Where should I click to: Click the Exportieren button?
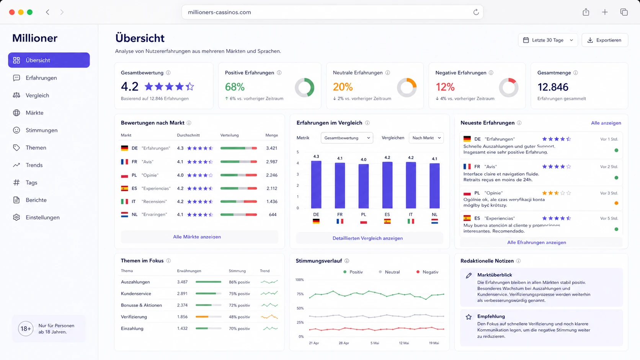pos(604,40)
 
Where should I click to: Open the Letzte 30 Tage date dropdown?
pos(548,40)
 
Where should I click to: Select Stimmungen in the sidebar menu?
pos(41,130)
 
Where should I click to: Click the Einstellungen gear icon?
pos(16,217)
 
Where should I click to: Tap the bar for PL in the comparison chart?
pos(363,186)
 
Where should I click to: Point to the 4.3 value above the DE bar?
pos(316,156)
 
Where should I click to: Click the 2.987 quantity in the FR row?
pos(271,161)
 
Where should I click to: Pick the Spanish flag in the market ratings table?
pos(124,189)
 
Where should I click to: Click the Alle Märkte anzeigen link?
pos(197,237)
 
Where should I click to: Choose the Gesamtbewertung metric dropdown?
pos(346,138)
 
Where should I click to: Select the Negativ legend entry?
pos(427,272)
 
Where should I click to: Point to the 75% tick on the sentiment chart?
pos(300,294)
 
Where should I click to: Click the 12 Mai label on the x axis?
pos(404,343)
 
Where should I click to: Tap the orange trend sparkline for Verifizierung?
pos(269,317)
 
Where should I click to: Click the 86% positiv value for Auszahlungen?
pos(239,282)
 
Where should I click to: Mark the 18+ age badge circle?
pos(25,329)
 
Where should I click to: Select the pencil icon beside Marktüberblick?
pos(469,275)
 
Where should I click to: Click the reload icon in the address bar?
pos(476,12)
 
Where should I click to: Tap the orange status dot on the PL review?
pos(616,203)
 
